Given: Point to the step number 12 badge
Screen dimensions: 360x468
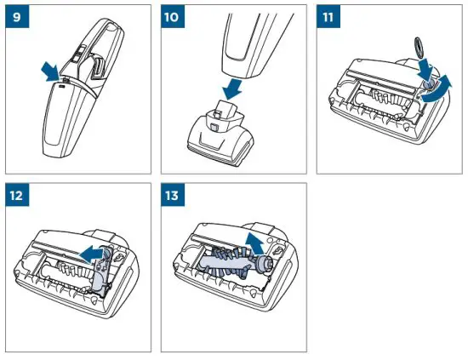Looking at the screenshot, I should coord(14,195).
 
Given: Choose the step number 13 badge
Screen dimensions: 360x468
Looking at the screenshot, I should coord(174,195).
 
